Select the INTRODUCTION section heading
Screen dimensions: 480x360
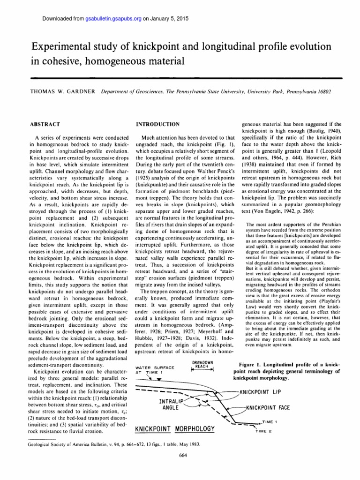click(157, 124)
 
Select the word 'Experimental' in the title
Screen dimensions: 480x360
click(61, 46)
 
